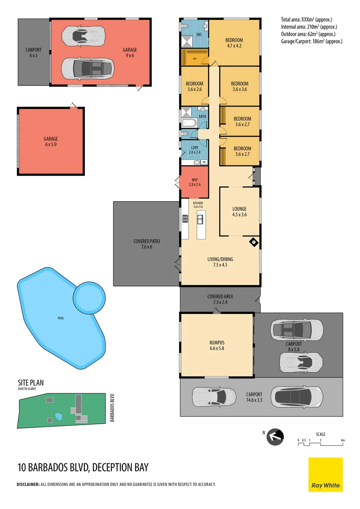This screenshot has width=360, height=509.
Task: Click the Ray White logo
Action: (326, 474)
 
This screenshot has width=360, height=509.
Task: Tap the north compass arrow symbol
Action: (275, 437)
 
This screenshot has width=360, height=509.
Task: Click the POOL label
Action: (60, 318)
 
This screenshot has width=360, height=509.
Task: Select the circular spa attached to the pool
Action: (90, 296)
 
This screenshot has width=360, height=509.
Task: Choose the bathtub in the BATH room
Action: (190, 124)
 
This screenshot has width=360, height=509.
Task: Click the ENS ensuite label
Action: (199, 34)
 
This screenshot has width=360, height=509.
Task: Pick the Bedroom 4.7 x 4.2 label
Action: (234, 43)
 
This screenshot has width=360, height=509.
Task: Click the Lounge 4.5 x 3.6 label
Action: (239, 212)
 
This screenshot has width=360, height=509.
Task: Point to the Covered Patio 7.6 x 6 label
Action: (147, 244)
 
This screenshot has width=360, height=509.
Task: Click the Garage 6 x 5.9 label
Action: (51, 141)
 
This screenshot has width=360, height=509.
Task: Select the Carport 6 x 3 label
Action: (33, 52)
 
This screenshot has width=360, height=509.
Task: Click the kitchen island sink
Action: (200, 219)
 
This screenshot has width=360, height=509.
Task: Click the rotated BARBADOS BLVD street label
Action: (112, 407)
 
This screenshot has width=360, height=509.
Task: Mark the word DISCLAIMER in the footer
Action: (28, 484)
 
